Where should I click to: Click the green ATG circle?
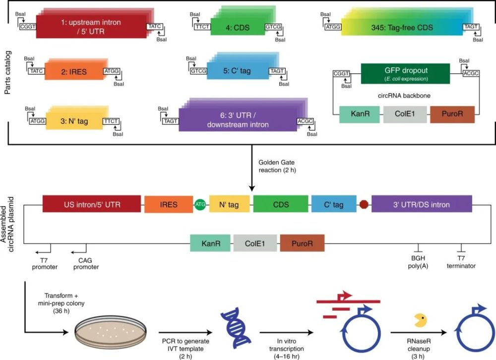coord(200,204)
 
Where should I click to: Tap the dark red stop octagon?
coord(364,204)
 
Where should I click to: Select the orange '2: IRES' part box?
coord(74,71)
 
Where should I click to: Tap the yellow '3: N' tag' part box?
coord(73,121)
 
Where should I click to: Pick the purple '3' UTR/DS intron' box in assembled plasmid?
coord(422,204)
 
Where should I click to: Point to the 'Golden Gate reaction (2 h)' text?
coord(280,166)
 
